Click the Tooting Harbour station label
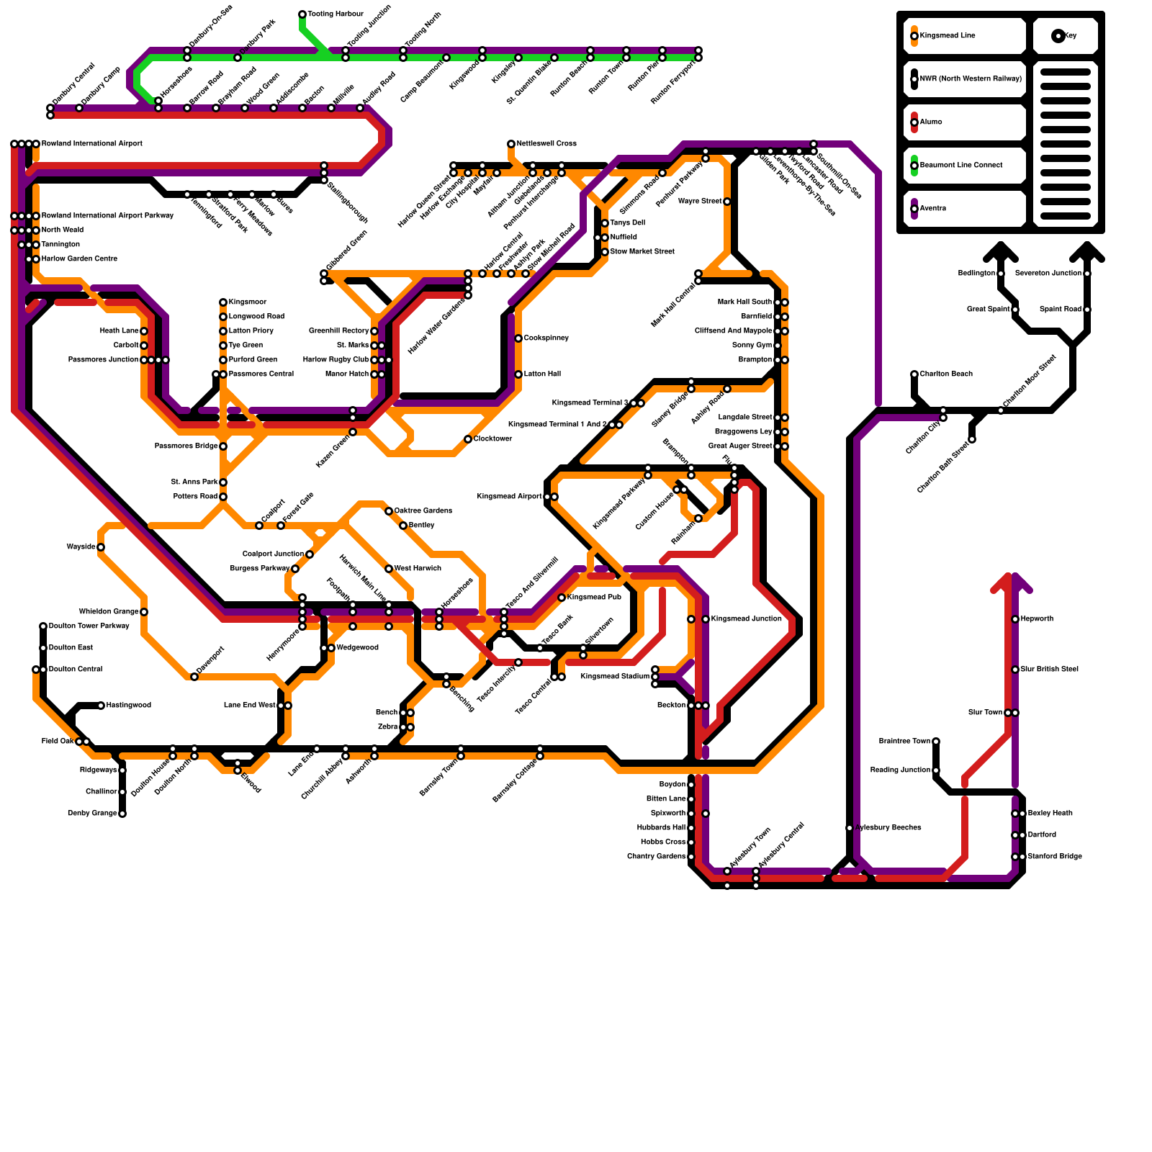click(x=336, y=14)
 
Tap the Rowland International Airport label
click(x=91, y=144)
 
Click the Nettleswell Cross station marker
click(x=511, y=144)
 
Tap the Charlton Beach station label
click(x=946, y=374)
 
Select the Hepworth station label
click(x=1037, y=619)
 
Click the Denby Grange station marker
click(x=122, y=814)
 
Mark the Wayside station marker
click(x=101, y=547)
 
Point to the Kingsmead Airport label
click(x=509, y=497)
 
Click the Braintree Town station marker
click(x=936, y=742)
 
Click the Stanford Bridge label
click(x=1055, y=857)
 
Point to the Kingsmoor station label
click(x=248, y=302)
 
